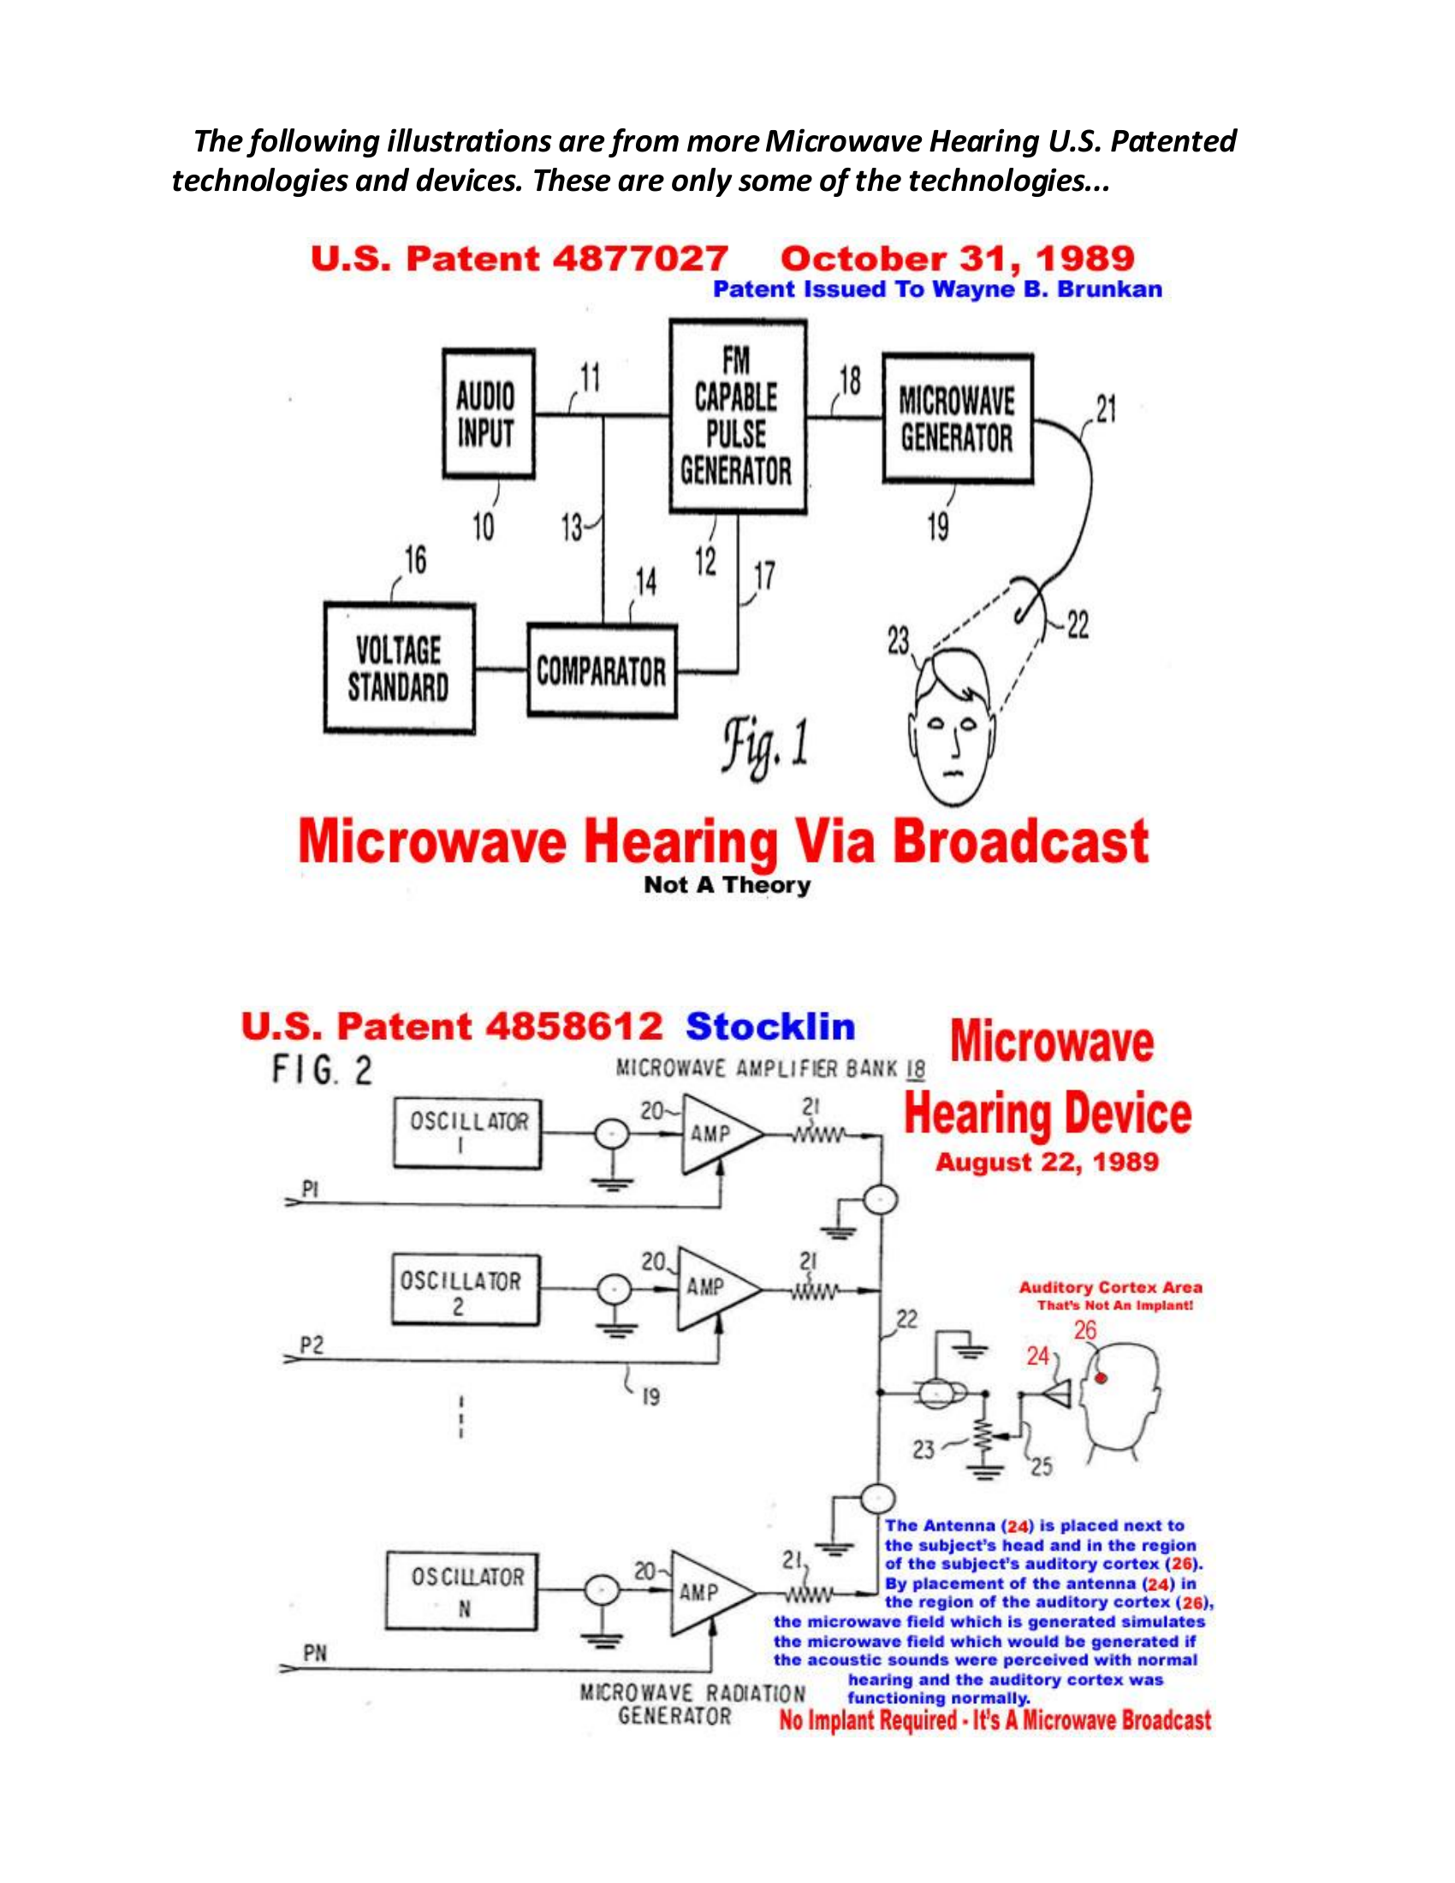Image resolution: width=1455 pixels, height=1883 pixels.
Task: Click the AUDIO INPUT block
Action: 488,414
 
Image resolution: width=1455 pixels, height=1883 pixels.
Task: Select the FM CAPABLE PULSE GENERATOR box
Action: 737,417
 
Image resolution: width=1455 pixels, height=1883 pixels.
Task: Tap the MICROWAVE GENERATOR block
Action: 957,419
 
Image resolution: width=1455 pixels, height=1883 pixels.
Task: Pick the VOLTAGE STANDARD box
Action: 399,668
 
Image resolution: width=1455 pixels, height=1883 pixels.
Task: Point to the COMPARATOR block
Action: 601,671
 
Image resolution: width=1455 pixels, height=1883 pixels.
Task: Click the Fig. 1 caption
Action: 765,745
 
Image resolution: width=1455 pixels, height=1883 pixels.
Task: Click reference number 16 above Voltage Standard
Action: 415,561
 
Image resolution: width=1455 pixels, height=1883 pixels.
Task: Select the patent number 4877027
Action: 639,258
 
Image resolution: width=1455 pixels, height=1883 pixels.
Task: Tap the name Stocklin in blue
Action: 769,1027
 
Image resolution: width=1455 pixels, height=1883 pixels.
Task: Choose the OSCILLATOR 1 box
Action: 468,1133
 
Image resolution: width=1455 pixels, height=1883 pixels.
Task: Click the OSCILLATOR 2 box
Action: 465,1290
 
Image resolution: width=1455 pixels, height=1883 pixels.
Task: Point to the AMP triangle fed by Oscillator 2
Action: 714,1289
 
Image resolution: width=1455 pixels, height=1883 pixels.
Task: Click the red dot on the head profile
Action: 1101,1378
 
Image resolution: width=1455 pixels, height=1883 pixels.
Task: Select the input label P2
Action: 312,1345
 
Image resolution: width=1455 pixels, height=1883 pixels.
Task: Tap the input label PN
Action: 315,1654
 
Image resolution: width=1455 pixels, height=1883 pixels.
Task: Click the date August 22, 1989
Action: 1047,1162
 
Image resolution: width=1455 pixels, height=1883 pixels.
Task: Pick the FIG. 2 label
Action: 322,1071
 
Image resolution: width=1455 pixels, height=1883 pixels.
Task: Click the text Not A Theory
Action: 727,885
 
